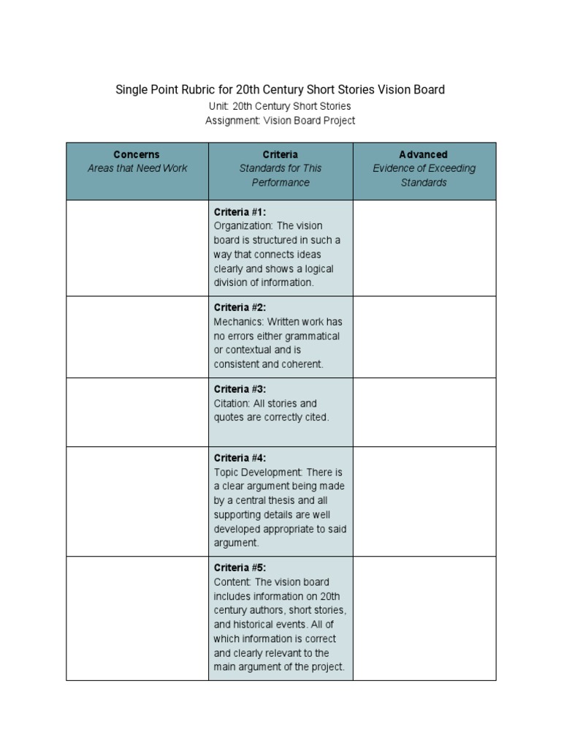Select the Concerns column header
point(137,154)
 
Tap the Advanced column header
point(424,154)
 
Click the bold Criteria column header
point(280,154)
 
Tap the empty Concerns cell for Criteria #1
point(137,248)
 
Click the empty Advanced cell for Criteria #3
point(424,412)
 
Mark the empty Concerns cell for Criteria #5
point(137,618)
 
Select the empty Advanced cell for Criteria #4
point(424,501)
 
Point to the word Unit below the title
point(218,107)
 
